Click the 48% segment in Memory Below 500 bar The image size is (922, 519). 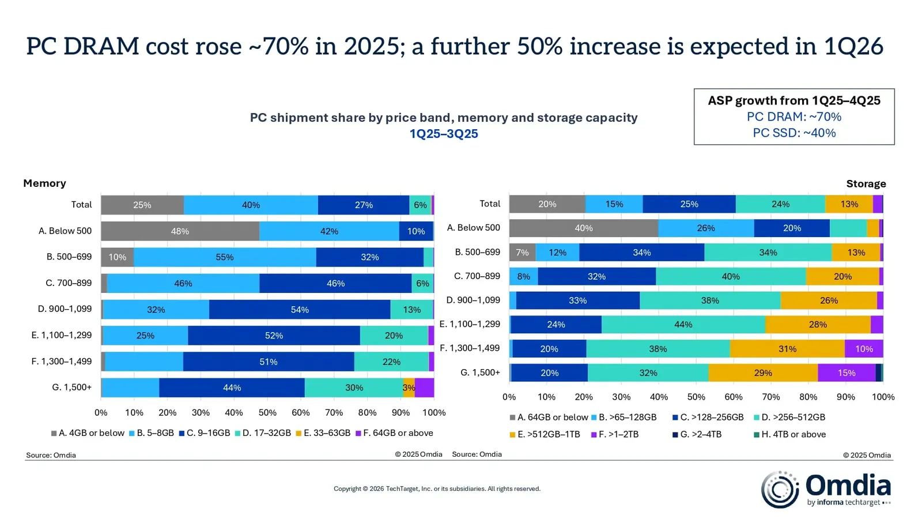tap(180, 231)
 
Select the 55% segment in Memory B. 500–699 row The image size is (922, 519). tap(225, 257)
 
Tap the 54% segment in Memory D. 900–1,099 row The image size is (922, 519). tap(300, 310)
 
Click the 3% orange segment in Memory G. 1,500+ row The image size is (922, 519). tap(409, 388)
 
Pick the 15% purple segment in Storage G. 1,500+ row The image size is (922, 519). tap(846, 373)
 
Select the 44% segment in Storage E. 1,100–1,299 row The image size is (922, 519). tap(683, 325)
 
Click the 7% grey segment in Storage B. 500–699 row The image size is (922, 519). tap(522, 253)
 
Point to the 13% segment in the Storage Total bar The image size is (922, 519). tap(849, 204)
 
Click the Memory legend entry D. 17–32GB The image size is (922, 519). tap(266, 433)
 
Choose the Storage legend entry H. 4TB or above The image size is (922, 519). tap(793, 434)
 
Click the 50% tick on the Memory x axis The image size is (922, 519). tap(267, 413)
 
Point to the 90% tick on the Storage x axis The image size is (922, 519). tap(845, 397)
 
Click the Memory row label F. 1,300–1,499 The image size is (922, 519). tap(61, 362)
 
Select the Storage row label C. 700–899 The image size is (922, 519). tap(477, 276)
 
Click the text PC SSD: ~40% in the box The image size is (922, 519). tap(793, 133)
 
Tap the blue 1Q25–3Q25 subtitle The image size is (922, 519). tap(444, 134)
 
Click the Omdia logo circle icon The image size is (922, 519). tap(779, 490)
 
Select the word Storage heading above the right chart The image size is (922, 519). tap(866, 184)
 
